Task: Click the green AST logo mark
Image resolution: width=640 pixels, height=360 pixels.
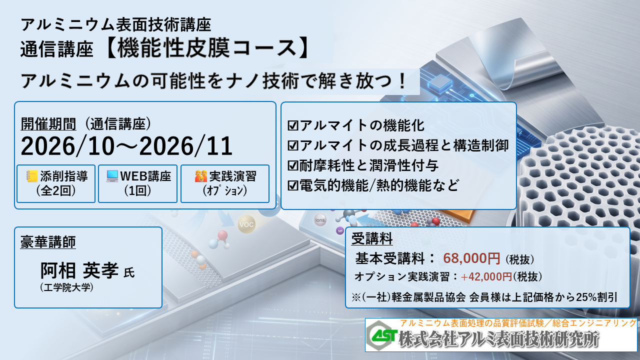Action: pyautogui.click(x=382, y=335)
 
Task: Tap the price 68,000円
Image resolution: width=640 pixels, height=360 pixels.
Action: pyautogui.click(x=471, y=258)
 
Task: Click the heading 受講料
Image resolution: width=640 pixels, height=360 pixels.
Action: pyautogui.click(x=372, y=238)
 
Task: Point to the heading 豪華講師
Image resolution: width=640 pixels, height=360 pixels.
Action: pyautogui.click(x=48, y=242)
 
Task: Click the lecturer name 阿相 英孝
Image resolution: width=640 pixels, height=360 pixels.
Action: pyautogui.click(x=79, y=270)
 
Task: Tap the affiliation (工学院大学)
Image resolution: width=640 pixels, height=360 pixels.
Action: pyautogui.click(x=67, y=287)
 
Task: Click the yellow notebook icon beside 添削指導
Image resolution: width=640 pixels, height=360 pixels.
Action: pyautogui.click(x=32, y=176)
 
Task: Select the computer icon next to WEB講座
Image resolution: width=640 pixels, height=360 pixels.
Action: pyautogui.click(x=112, y=176)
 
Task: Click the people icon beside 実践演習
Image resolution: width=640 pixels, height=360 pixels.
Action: pyautogui.click(x=201, y=176)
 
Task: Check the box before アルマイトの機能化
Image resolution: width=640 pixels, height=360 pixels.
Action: pyautogui.click(x=293, y=125)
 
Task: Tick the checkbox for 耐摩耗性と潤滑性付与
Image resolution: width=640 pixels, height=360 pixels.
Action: pyautogui.click(x=293, y=165)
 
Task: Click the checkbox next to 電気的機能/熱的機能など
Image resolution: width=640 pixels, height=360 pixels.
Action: pyautogui.click(x=293, y=185)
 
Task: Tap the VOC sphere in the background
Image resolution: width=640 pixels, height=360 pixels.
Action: pyautogui.click(x=246, y=224)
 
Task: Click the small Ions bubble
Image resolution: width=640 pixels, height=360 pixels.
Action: pyautogui.click(x=319, y=220)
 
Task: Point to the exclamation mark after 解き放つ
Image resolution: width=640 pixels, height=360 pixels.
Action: pyautogui.click(x=402, y=81)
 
